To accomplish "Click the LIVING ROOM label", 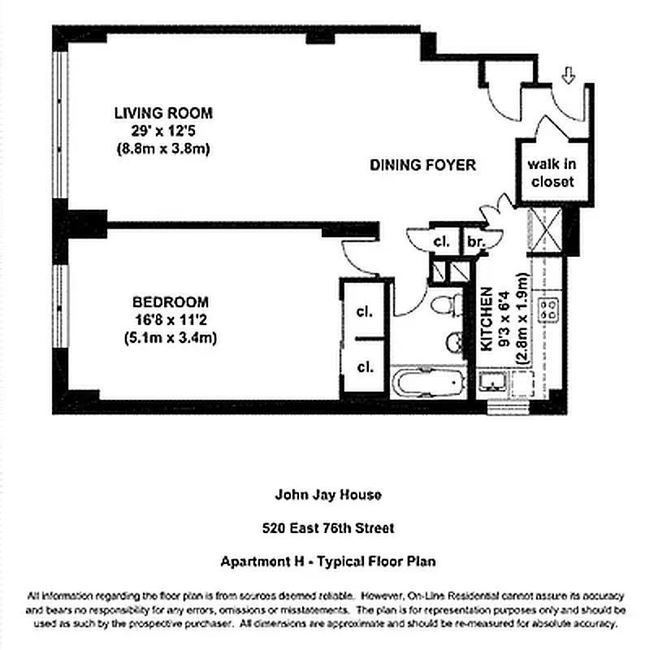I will click(x=163, y=113).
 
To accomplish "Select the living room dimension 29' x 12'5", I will click(x=163, y=131).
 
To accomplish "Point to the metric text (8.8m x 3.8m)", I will click(x=163, y=149).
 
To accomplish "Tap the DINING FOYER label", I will click(x=422, y=165).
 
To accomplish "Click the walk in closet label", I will click(x=552, y=172).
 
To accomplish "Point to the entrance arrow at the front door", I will click(x=568, y=76).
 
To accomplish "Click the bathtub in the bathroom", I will click(x=428, y=382).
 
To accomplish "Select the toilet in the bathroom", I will click(x=444, y=306).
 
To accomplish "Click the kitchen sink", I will click(x=492, y=382).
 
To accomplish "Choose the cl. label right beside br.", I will click(x=441, y=240).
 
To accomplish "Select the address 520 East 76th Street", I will click(x=328, y=528).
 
